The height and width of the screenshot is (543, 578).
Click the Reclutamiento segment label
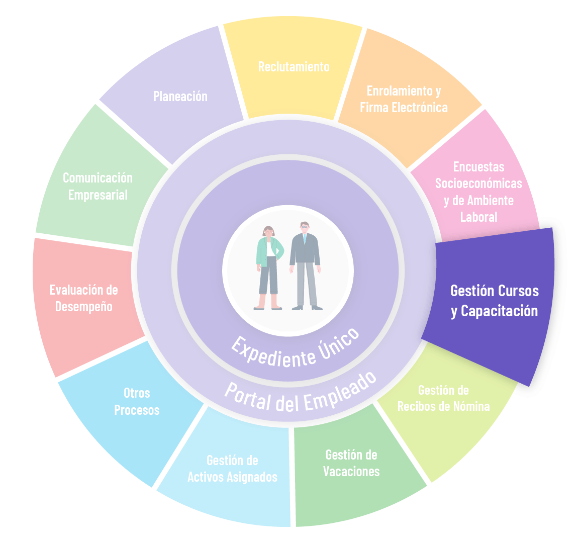pos(294,67)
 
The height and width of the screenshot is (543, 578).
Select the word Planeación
pos(180,97)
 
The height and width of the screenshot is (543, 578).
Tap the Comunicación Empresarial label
pos(98,187)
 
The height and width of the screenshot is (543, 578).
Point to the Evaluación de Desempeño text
pos(84,298)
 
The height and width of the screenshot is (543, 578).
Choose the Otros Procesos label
pos(137,402)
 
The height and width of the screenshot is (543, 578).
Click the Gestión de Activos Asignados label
pos(232,469)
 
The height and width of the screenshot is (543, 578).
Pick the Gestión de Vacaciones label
pos(351,463)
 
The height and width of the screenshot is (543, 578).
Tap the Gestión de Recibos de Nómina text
pos(443,398)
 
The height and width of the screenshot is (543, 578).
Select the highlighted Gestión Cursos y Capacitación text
pos(495,301)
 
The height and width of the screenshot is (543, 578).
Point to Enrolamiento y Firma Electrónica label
pos(404,99)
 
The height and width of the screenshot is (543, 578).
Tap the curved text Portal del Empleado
pos(301,395)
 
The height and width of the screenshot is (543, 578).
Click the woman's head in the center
pos(269,232)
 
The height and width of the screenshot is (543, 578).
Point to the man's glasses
pos(305,227)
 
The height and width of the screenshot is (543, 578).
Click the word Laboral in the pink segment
pos(478,217)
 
